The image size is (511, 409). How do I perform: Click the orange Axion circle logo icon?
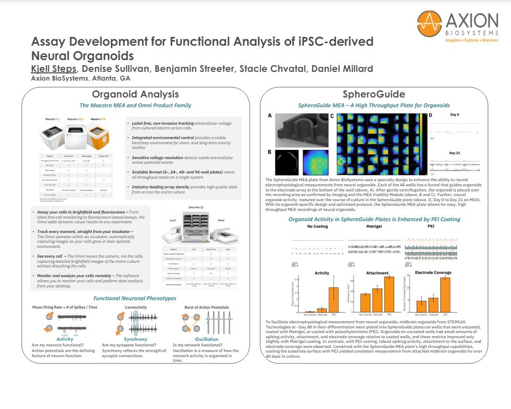429,25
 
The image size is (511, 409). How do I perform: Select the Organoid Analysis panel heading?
135,94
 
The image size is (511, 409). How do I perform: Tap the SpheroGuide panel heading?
374,94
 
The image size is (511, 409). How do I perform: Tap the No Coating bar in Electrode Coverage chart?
421,306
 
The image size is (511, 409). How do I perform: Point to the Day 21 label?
456,152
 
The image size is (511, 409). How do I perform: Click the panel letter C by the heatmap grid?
332,116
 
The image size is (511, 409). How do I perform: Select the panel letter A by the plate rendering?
270,116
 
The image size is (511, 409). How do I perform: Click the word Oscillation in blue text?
197,339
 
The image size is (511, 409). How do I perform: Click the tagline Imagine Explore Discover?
473,40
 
